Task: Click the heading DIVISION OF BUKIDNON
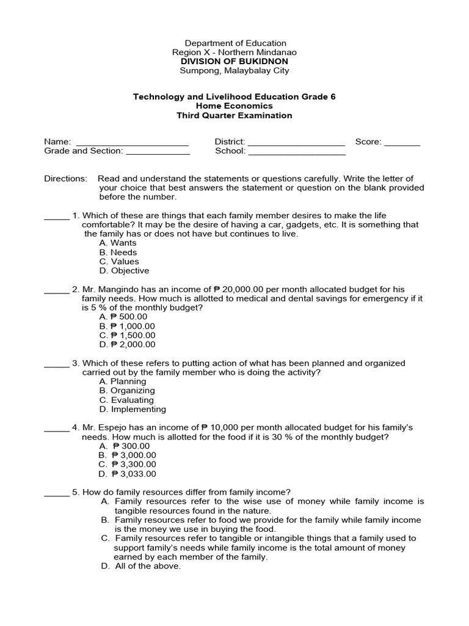[x=235, y=62]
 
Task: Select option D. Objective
[x=124, y=271]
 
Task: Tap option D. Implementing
[x=132, y=410]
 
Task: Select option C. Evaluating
[x=127, y=400]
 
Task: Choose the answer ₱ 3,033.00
[x=128, y=474]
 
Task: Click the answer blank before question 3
[x=57, y=366]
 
